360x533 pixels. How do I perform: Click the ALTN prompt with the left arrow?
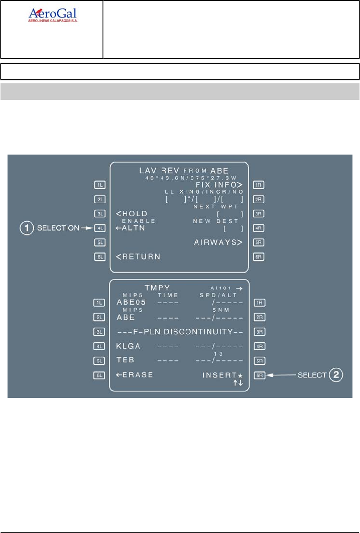click(x=129, y=228)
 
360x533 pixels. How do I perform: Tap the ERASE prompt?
click(x=134, y=375)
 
